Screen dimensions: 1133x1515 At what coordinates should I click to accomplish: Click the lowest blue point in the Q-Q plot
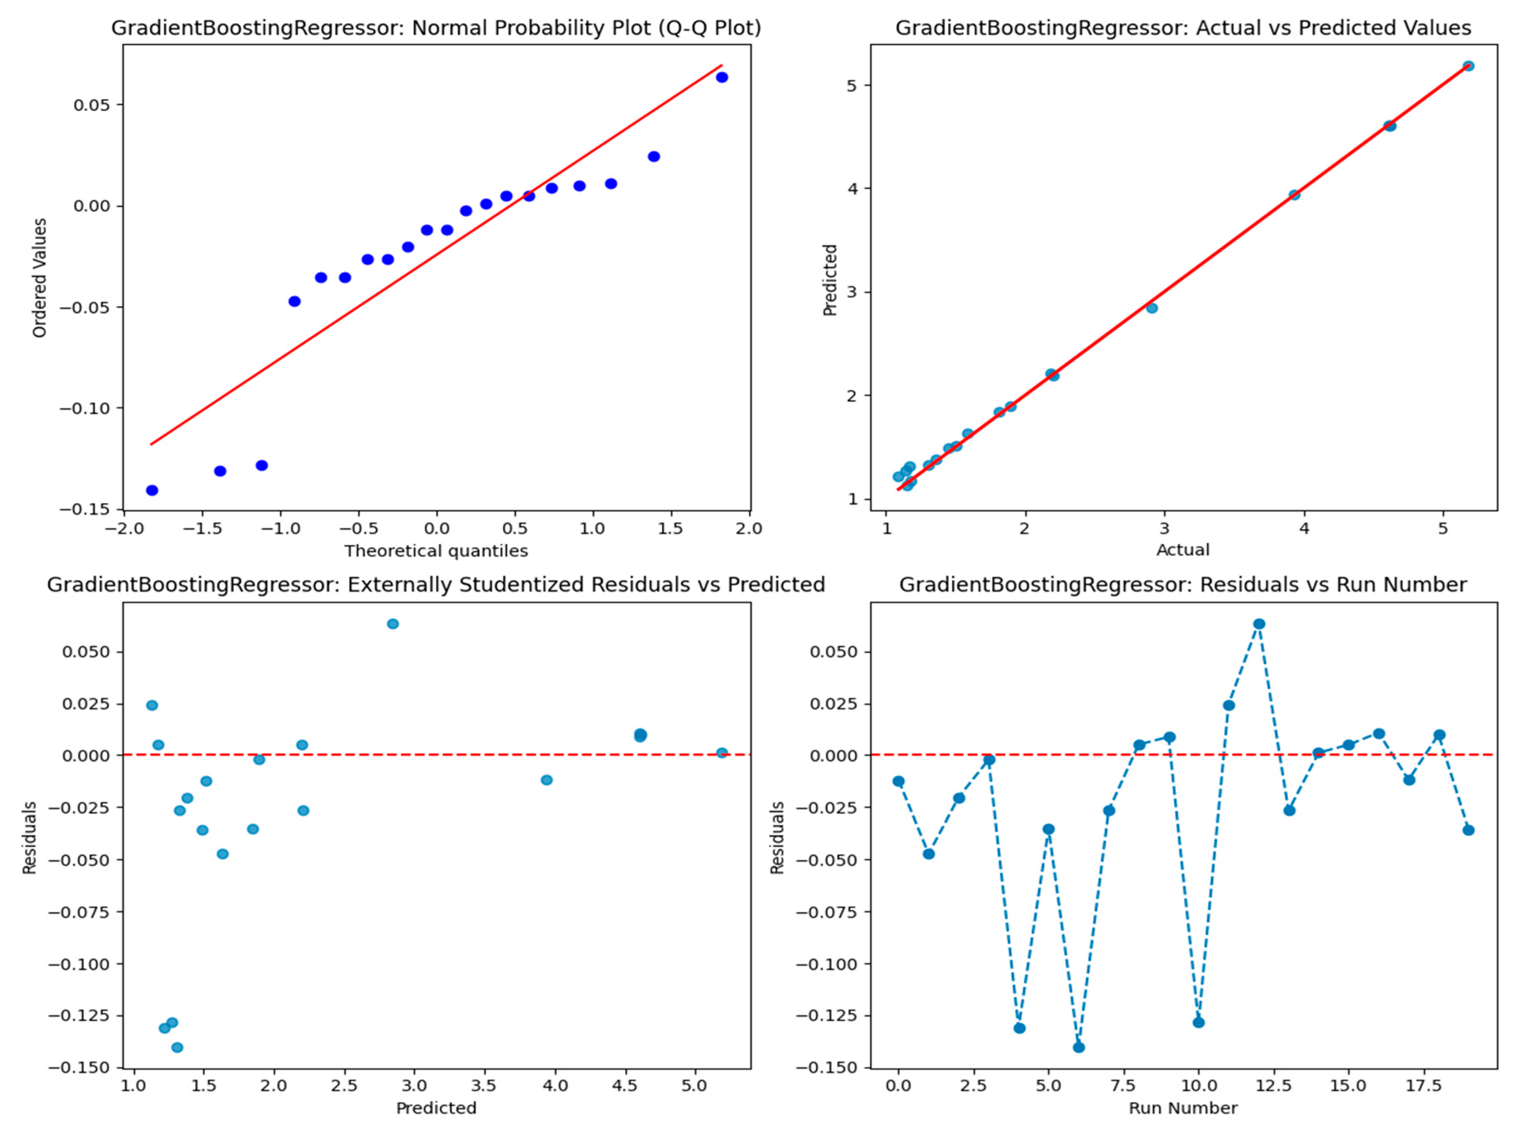pos(152,490)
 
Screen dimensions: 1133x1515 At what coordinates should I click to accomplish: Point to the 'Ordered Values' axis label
pos(40,277)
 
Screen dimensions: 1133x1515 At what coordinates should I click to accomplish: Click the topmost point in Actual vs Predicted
pos(1468,66)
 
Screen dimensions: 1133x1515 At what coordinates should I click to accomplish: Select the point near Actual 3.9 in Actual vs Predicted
pos(1294,195)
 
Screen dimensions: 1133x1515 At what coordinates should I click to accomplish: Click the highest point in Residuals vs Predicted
pos(392,623)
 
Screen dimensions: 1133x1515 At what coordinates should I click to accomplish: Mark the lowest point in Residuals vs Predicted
pos(177,1047)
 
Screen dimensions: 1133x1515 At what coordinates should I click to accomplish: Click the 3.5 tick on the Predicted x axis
pos(485,1086)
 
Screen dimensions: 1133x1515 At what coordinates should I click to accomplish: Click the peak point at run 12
pos(1259,623)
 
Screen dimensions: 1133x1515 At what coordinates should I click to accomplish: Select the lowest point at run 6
pos(1079,1047)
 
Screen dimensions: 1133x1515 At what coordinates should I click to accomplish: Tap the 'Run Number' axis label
pos(1183,1108)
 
